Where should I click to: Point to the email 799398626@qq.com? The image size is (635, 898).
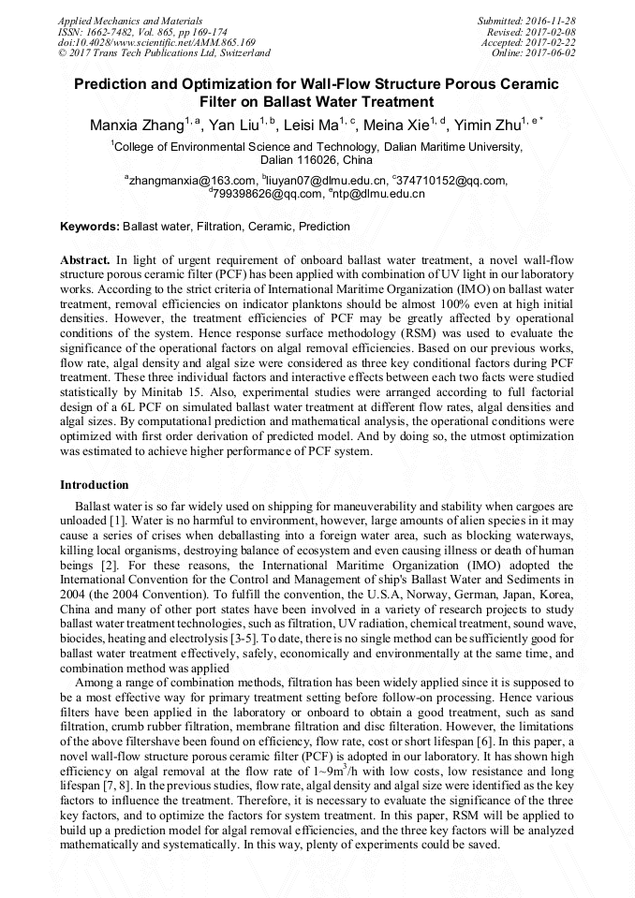click(x=266, y=194)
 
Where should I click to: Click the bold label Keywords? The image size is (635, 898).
click(x=90, y=227)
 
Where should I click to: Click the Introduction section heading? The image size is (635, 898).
click(x=95, y=485)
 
